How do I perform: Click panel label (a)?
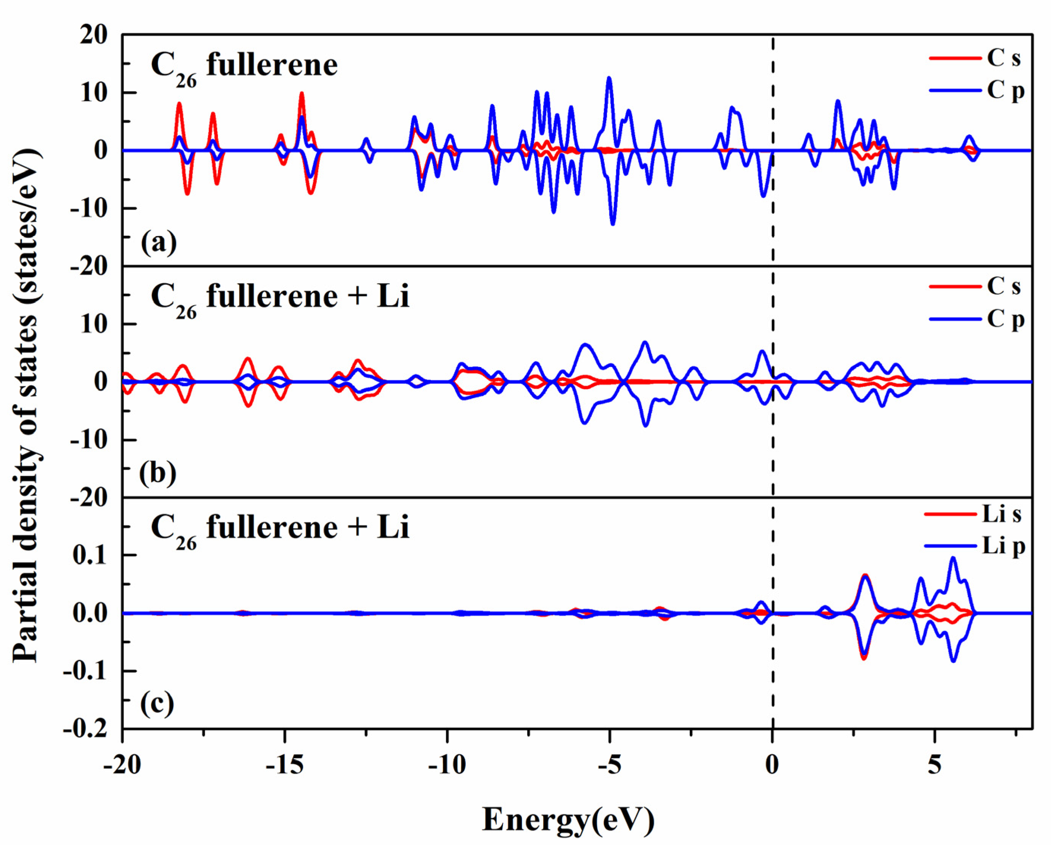point(158,242)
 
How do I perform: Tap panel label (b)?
point(158,472)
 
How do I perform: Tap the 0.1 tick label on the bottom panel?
point(90,555)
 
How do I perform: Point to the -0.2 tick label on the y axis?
point(85,730)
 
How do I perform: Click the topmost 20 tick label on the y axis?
point(93,35)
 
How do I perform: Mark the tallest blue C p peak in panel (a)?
point(609,78)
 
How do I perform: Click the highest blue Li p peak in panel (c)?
point(953,558)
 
